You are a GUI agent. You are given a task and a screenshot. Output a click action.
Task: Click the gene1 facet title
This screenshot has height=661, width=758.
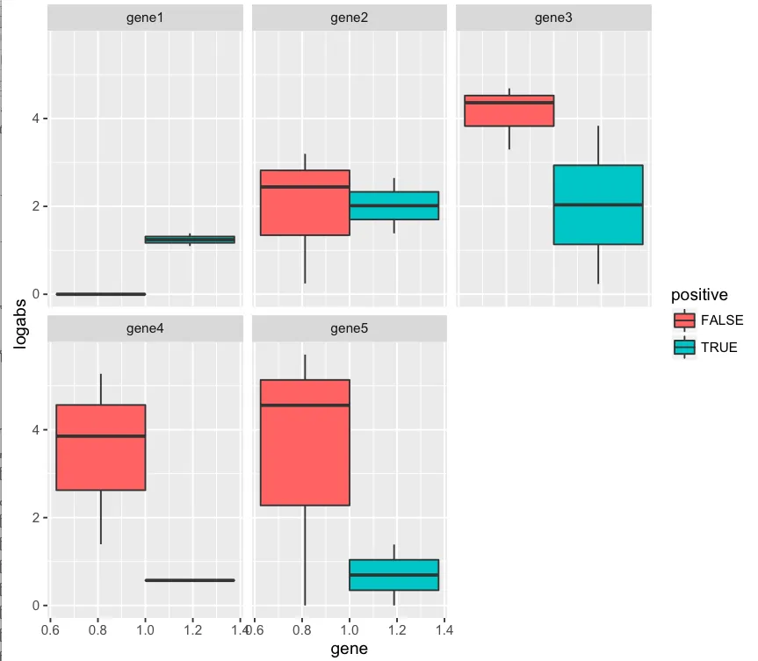[x=145, y=18]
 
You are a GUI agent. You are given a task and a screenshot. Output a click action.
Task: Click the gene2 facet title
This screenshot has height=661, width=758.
[x=349, y=18]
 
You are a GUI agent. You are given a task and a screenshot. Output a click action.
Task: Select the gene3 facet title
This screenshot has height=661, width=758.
[x=552, y=18]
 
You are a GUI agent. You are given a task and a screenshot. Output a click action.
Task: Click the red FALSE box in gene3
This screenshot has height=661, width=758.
[x=509, y=111]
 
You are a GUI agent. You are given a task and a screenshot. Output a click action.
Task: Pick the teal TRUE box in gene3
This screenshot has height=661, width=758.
[x=598, y=205]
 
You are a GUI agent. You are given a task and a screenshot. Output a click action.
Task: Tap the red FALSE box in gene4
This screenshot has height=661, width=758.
[x=100, y=447]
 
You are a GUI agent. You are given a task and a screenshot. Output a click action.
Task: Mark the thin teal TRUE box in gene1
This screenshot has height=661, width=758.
[x=190, y=239]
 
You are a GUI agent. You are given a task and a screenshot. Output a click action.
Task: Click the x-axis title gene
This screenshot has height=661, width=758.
[x=349, y=649]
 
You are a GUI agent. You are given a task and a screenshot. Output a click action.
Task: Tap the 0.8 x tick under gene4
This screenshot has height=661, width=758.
[x=100, y=629]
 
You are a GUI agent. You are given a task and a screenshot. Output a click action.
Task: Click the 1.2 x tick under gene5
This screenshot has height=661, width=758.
[x=396, y=629]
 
